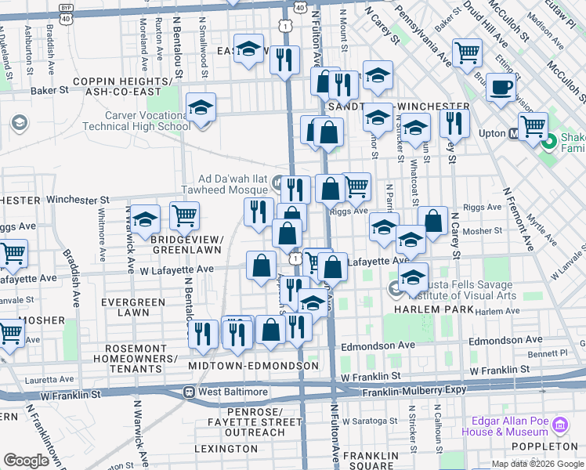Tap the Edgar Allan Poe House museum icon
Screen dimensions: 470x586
pyautogui.click(x=559, y=426)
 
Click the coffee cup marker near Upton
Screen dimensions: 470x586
pyautogui.click(x=501, y=88)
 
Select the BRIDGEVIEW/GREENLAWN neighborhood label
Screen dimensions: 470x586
pyautogui.click(x=187, y=244)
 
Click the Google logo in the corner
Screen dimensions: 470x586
pyautogui.click(x=26, y=461)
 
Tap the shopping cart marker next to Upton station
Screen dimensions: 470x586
pyautogui.click(x=533, y=125)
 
